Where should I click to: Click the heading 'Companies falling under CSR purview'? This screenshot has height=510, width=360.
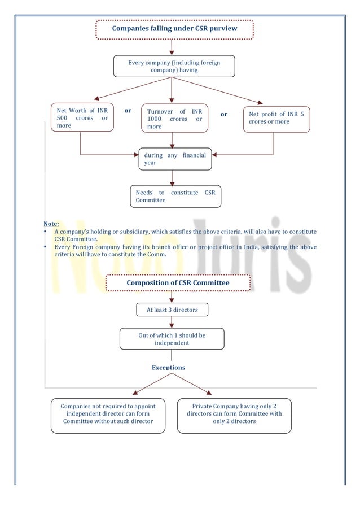(x=174, y=29)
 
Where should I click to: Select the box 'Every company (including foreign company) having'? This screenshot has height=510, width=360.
(x=174, y=66)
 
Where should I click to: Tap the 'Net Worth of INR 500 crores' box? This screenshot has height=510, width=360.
(x=82, y=118)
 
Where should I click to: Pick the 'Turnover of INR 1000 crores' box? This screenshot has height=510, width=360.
(x=174, y=119)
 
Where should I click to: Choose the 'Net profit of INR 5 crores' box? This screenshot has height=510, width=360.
(x=276, y=118)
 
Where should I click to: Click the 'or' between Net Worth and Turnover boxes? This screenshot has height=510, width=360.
(x=128, y=111)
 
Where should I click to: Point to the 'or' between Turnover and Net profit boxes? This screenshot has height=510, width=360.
(x=224, y=114)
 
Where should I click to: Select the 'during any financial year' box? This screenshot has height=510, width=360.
(x=175, y=159)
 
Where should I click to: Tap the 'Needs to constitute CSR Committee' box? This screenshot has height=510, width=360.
(x=175, y=197)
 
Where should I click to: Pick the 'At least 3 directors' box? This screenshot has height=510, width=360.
(x=172, y=310)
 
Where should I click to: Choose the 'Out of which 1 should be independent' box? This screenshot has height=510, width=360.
(x=172, y=339)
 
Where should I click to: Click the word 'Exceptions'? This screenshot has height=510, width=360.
(x=168, y=368)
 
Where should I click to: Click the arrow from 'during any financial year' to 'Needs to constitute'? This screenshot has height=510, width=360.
(x=172, y=177)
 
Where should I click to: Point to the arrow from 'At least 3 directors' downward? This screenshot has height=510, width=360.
(x=172, y=322)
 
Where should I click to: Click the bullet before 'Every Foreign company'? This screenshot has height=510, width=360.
(x=45, y=247)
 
